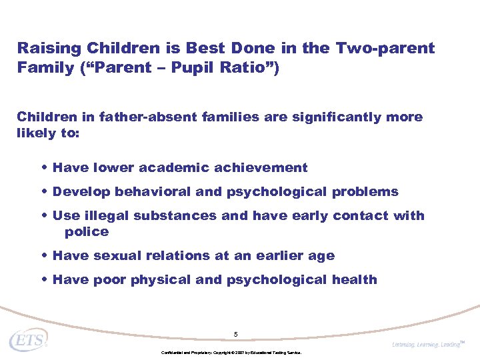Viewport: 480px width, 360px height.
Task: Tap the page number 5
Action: point(235,333)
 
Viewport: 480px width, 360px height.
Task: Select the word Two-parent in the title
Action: point(385,49)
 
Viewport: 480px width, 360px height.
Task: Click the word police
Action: point(86,232)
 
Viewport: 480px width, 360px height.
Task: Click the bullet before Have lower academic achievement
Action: point(44,168)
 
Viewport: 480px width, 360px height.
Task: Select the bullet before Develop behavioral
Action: point(44,192)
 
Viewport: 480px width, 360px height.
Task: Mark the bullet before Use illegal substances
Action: point(44,216)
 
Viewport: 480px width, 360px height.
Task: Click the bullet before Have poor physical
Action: point(44,280)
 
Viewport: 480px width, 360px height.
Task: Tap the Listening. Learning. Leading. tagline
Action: point(426,344)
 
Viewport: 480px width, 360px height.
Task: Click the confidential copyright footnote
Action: point(231,352)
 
